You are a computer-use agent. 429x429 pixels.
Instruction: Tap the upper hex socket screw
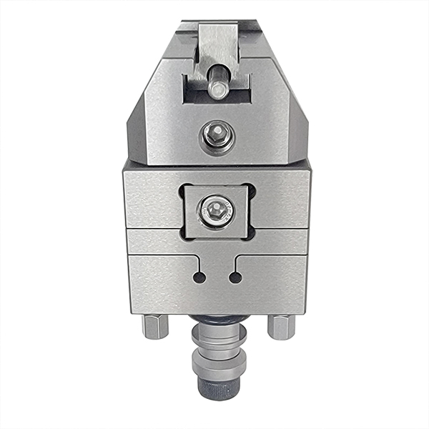tap(217, 133)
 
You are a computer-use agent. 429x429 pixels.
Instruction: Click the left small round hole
tap(199, 277)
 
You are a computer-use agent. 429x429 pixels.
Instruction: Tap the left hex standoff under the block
tap(154, 327)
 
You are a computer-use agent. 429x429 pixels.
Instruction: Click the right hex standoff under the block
tap(280, 327)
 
